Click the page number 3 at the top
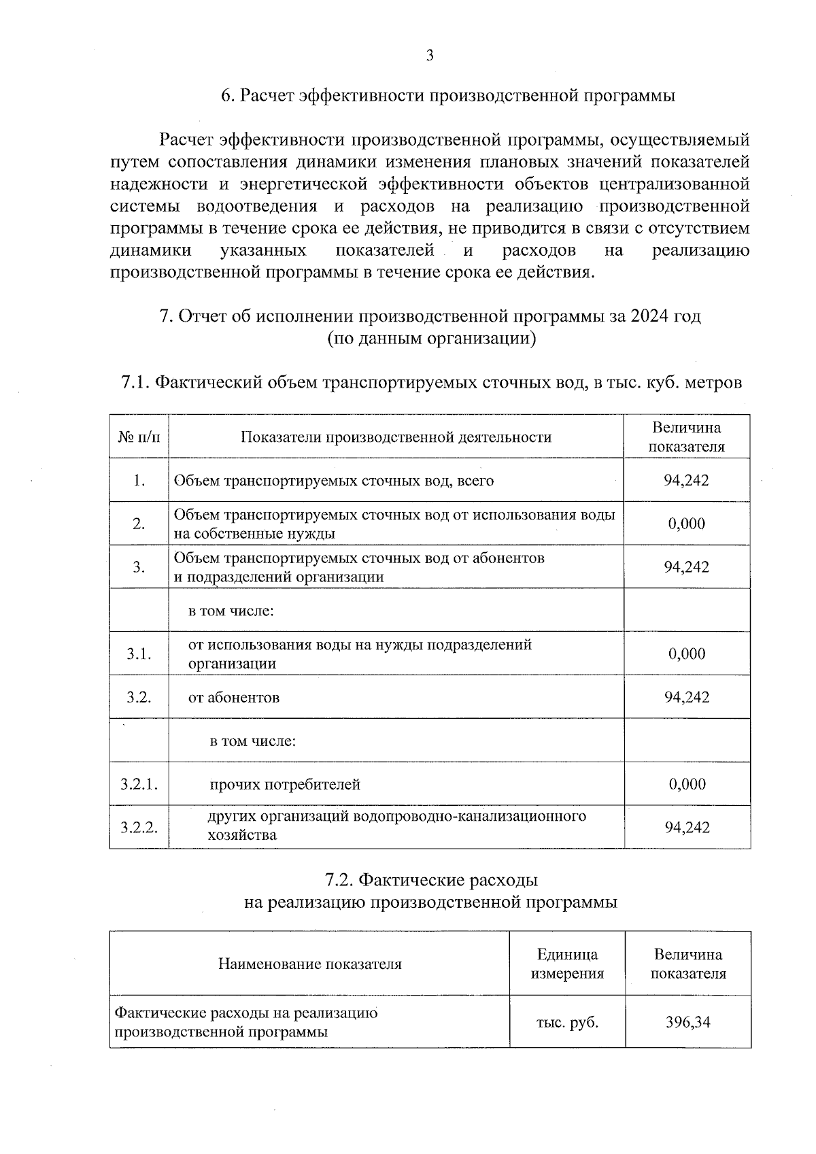click(x=429, y=56)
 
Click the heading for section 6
click(x=449, y=96)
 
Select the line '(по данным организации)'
click(x=431, y=339)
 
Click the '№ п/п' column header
click(x=139, y=437)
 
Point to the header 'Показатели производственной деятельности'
click(x=396, y=437)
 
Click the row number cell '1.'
click(x=139, y=480)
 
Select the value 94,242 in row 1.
click(x=686, y=480)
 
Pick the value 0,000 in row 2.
click(x=686, y=524)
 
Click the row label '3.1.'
click(x=139, y=654)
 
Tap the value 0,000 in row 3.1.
click(x=687, y=654)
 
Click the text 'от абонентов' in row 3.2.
click(x=233, y=697)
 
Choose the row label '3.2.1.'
click(x=139, y=784)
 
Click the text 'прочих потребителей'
click(x=285, y=784)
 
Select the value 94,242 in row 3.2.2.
click(x=687, y=828)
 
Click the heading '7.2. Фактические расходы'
click(x=431, y=880)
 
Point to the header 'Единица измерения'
click(x=567, y=964)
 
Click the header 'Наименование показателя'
click(x=309, y=964)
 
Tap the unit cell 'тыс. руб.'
click(x=567, y=1022)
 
